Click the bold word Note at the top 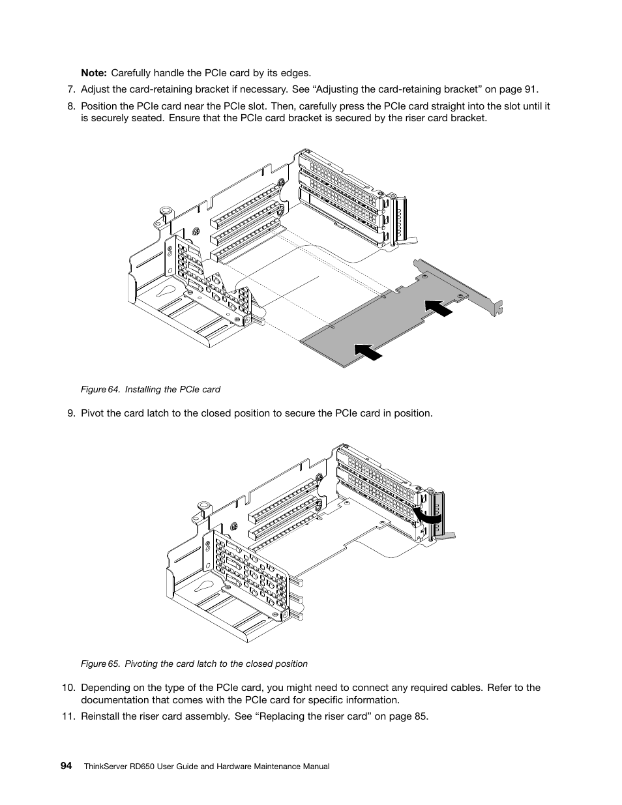click(x=93, y=73)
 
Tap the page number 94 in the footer click(x=67, y=766)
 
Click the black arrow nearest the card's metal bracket click(x=438, y=307)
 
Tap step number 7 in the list click(x=71, y=89)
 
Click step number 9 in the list click(x=71, y=413)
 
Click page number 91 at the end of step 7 click(x=531, y=89)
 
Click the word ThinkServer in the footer click(x=107, y=767)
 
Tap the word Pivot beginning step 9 click(x=93, y=413)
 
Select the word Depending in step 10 click(x=105, y=687)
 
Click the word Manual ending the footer click(x=314, y=767)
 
